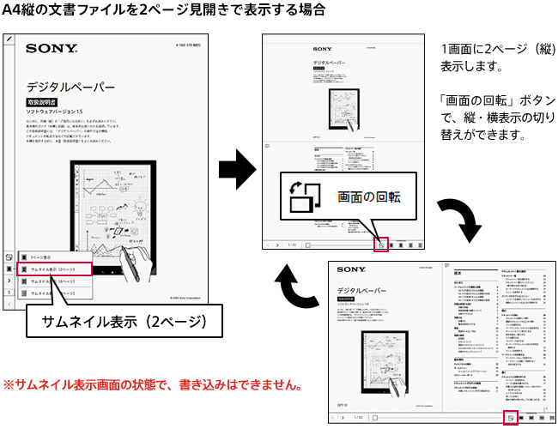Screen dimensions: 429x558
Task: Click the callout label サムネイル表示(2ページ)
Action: coord(112,323)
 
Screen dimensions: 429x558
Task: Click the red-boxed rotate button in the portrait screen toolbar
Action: coord(381,244)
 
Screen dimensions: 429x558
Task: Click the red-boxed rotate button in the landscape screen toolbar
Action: coord(509,417)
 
